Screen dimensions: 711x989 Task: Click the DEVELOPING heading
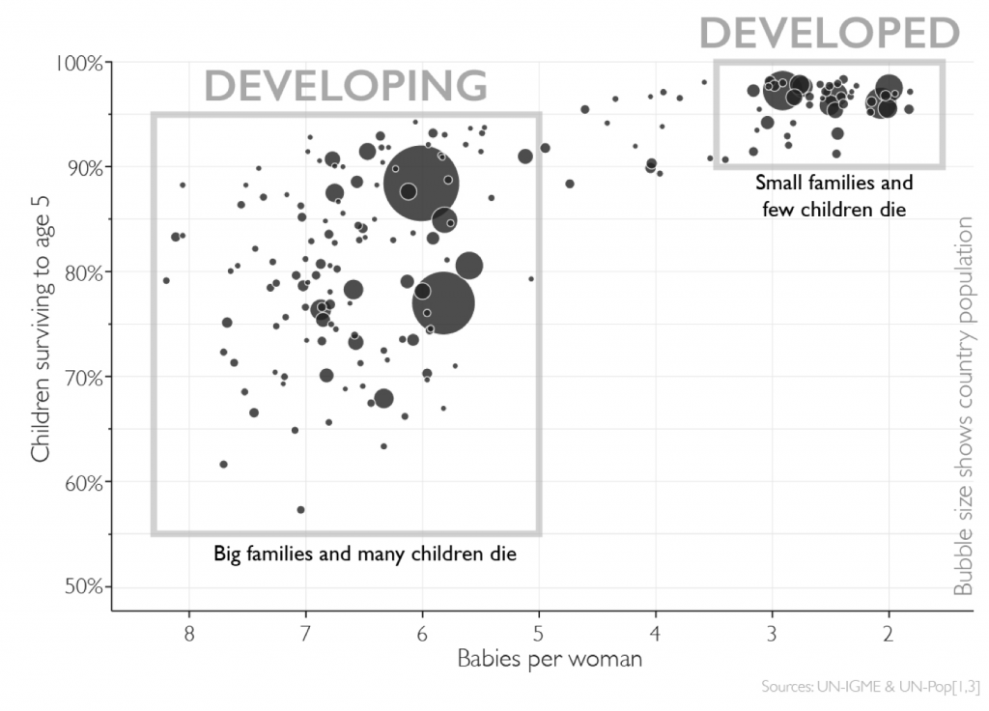(x=346, y=86)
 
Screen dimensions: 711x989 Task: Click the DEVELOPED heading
(x=829, y=33)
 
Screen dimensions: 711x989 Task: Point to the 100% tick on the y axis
(x=80, y=63)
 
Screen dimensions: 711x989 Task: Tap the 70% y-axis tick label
(x=83, y=377)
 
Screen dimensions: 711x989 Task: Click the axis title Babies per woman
(x=549, y=661)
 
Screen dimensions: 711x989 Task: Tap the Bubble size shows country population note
(x=963, y=406)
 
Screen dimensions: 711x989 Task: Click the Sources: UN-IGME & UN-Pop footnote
(x=870, y=688)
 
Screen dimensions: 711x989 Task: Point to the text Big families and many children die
(x=365, y=555)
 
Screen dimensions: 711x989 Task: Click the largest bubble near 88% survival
(x=420, y=182)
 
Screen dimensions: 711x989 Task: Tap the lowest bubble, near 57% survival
(x=300, y=509)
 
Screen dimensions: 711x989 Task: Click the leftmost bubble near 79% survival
(x=166, y=280)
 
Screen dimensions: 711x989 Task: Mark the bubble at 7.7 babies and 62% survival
(x=223, y=465)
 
